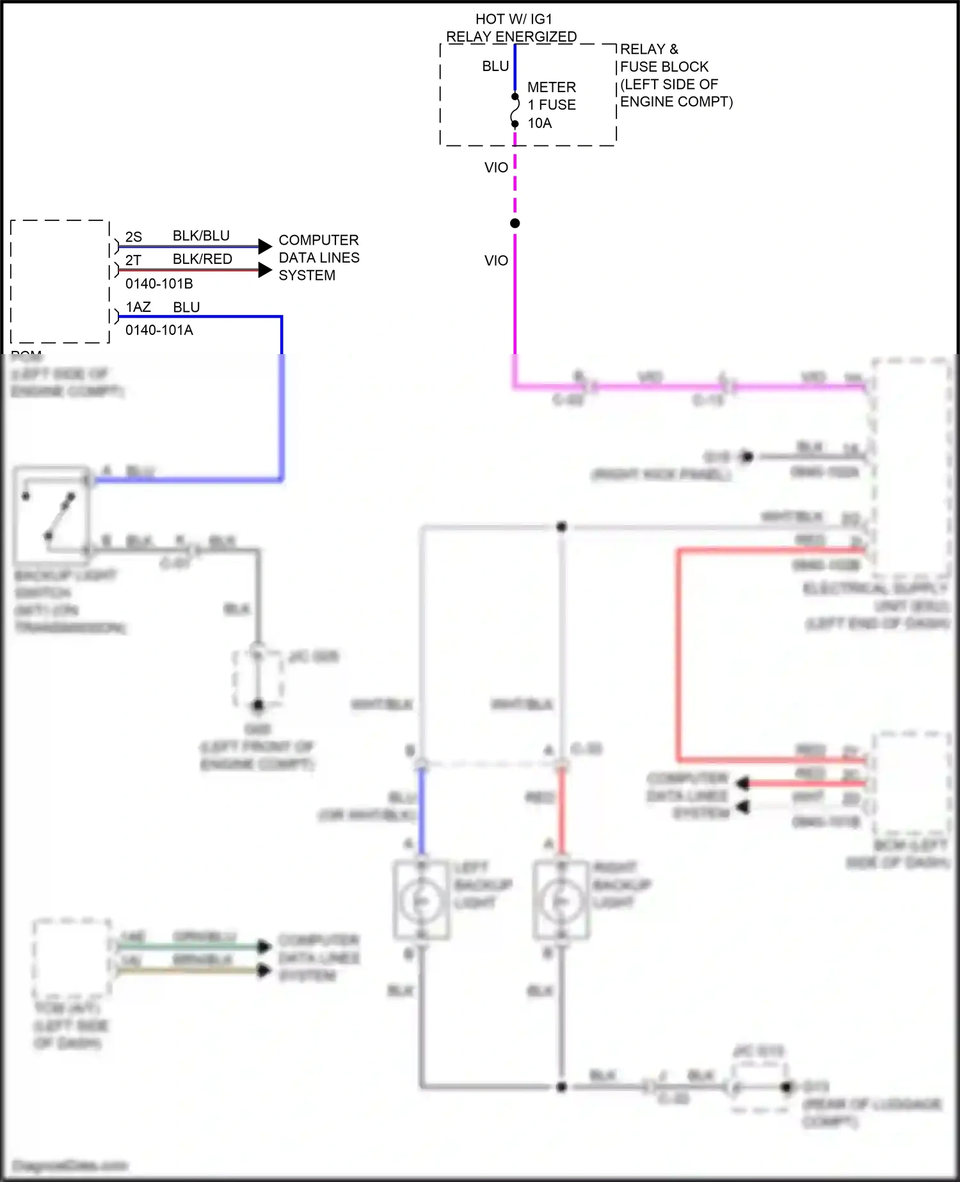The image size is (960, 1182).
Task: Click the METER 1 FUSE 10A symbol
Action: [x=515, y=110]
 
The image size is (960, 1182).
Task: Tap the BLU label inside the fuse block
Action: [x=495, y=67]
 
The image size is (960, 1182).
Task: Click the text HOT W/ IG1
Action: [x=513, y=19]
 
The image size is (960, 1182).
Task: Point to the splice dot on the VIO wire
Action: [x=515, y=223]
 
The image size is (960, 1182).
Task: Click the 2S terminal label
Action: [x=134, y=237]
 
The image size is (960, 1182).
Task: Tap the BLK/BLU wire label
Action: [x=201, y=236]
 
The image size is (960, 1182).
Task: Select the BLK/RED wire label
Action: [x=202, y=259]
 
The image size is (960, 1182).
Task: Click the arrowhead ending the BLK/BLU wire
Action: [x=265, y=246]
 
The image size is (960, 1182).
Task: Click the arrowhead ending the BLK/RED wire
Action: [x=265, y=270]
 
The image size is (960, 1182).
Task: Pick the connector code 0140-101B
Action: [x=159, y=284]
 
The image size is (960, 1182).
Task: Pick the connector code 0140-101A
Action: [x=159, y=330]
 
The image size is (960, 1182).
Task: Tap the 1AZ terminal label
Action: [x=138, y=307]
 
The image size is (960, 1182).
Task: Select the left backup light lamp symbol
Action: [x=420, y=901]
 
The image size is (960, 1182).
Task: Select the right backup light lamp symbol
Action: [x=561, y=901]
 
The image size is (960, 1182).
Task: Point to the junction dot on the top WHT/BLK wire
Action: [x=561, y=527]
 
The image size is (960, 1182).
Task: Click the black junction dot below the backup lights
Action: [x=561, y=1087]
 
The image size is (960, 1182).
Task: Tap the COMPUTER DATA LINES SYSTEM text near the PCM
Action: [x=319, y=257]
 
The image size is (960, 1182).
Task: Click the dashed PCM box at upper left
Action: [x=60, y=282]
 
